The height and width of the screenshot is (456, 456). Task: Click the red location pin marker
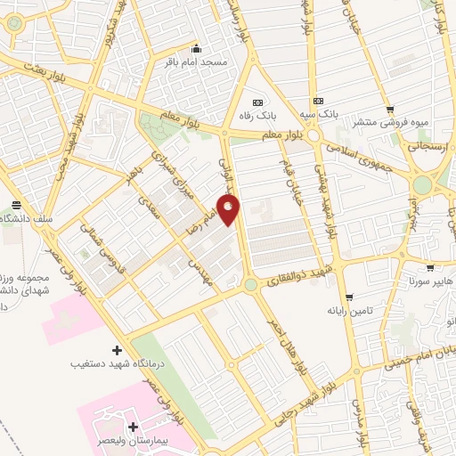point(230,210)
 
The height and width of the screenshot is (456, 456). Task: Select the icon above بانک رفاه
point(258,101)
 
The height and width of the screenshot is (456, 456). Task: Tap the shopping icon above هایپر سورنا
point(430,266)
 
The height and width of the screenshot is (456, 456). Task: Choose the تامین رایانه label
point(348,312)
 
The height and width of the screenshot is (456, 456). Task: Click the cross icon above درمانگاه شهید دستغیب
point(117,348)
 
